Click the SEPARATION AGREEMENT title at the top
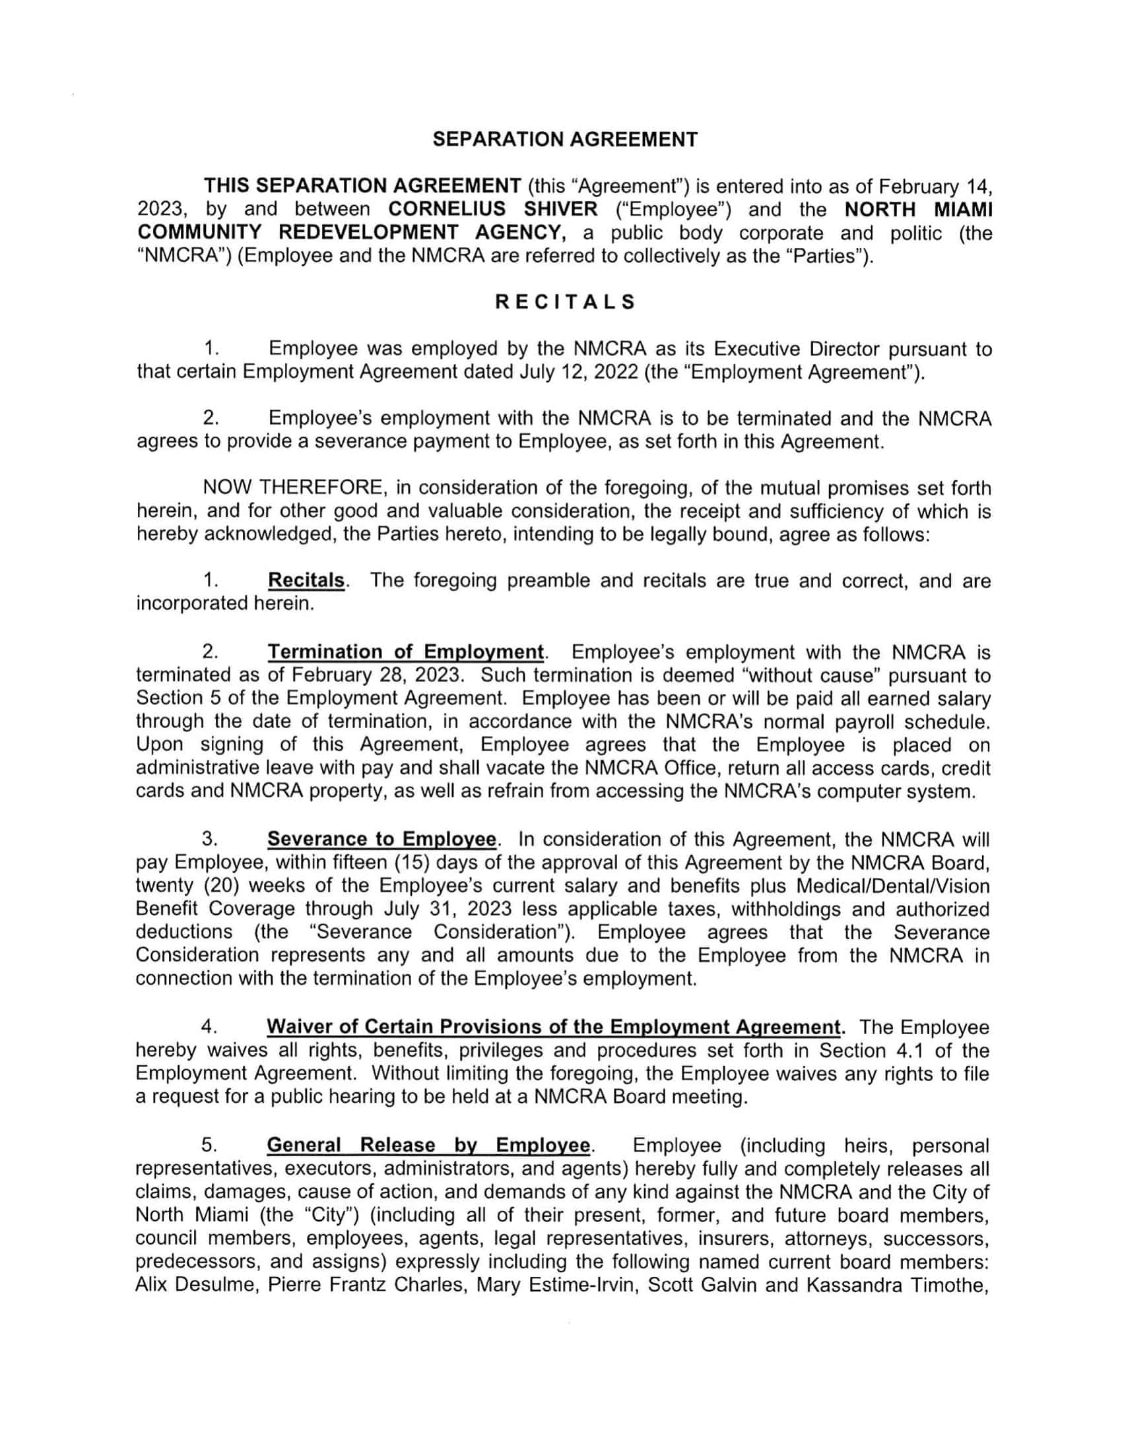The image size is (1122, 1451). pyautogui.click(x=565, y=140)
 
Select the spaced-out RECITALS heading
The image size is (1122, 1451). pyautogui.click(x=565, y=302)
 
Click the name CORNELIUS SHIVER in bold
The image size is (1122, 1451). pyautogui.click(x=492, y=209)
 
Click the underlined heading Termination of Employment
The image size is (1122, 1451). pyautogui.click(x=405, y=651)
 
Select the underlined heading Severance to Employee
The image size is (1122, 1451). pyautogui.click(x=381, y=839)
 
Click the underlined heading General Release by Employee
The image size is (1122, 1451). pyautogui.click(x=429, y=1146)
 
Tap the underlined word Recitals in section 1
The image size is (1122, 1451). pyautogui.click(x=306, y=580)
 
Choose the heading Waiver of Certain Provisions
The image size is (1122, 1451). pyautogui.click(x=553, y=1027)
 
